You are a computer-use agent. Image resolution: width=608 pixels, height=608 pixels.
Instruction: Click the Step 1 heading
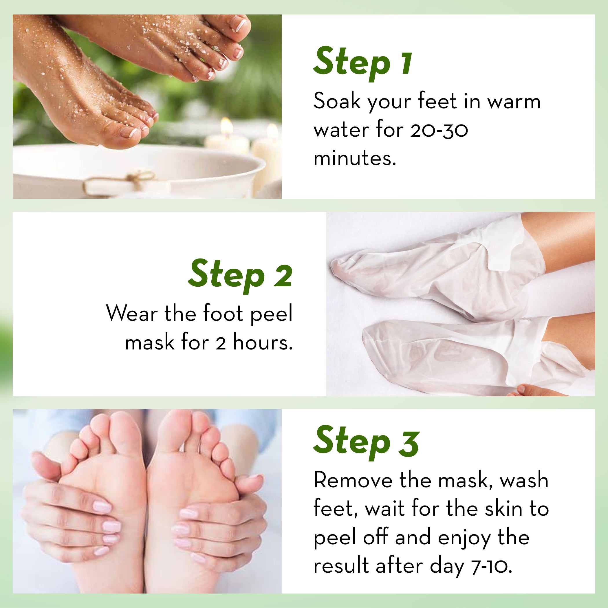(362, 63)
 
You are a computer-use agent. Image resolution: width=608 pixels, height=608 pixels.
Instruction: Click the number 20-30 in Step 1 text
(439, 130)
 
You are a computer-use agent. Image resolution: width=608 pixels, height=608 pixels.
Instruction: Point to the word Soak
(337, 101)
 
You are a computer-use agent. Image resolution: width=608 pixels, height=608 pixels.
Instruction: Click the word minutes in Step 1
(355, 158)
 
